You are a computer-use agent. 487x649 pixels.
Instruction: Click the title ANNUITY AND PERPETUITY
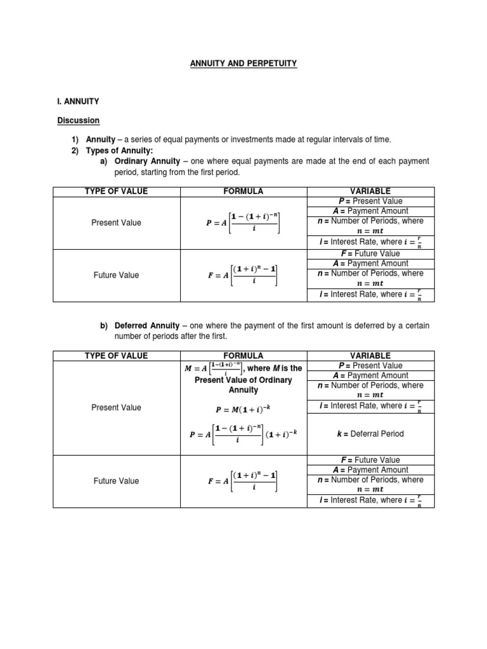point(243,64)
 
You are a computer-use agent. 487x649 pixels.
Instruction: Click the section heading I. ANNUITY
point(78,101)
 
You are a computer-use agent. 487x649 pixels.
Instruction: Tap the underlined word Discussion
point(79,120)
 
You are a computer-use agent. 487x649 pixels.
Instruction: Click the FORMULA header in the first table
point(243,191)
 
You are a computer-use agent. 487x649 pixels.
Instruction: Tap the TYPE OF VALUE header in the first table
point(117,191)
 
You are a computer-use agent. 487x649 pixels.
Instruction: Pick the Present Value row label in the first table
point(117,223)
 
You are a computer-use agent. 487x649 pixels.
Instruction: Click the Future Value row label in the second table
point(117,481)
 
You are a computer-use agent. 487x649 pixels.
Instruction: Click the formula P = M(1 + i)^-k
point(243,409)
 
